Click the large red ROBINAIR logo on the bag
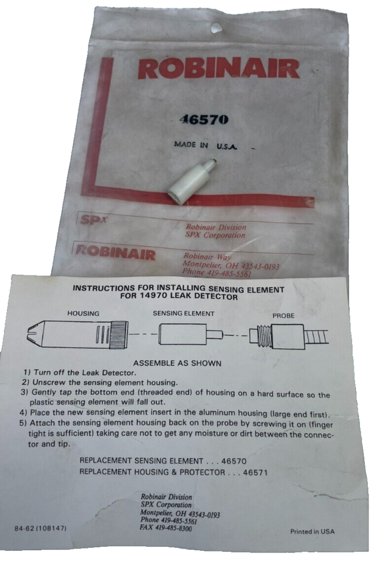click(218, 69)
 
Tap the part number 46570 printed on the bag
click(203, 119)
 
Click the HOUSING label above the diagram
click(84, 314)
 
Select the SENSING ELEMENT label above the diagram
click(183, 314)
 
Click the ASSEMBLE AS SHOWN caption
click(177, 362)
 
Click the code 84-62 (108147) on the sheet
click(42, 529)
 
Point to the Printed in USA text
click(312, 531)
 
